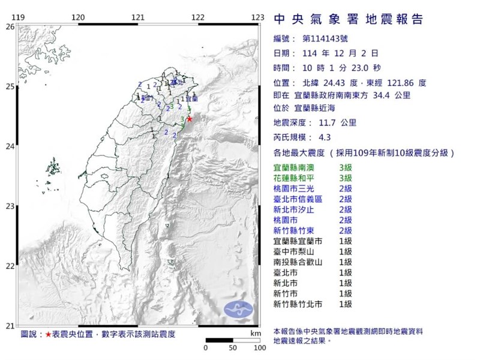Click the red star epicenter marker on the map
pyautogui.click(x=190, y=119)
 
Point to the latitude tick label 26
pyautogui.click(x=9, y=27)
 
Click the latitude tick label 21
pyautogui.click(x=9, y=326)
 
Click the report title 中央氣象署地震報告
pyautogui.click(x=348, y=20)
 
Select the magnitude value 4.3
pyautogui.click(x=323, y=137)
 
